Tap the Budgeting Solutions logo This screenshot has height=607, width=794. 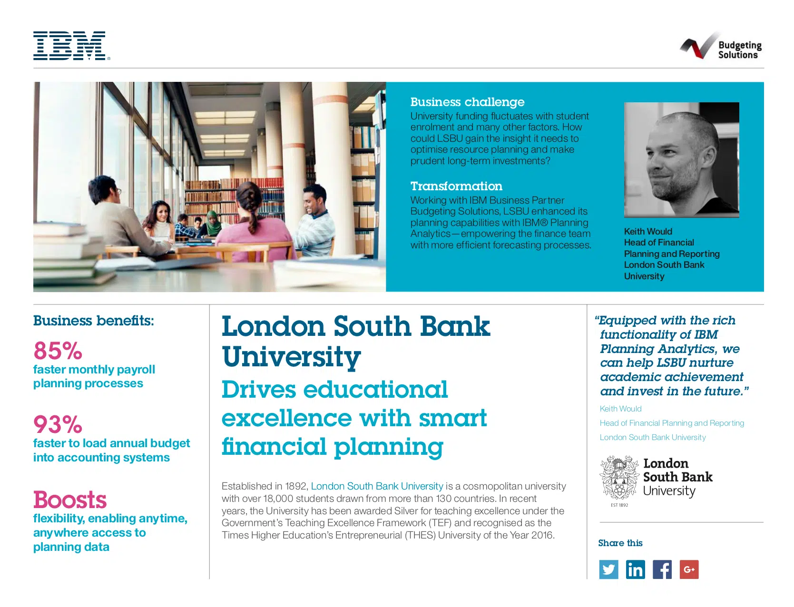tap(721, 47)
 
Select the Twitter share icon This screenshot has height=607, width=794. tap(608, 569)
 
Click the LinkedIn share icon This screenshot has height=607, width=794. tap(635, 569)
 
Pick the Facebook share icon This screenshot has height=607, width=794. tap(662, 569)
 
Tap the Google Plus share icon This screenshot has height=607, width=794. tap(689, 569)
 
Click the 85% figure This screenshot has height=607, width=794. tap(58, 351)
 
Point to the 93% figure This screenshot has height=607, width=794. tap(58, 425)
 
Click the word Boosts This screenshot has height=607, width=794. tap(70, 500)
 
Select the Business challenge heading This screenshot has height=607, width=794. tap(467, 102)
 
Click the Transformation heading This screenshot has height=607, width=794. tap(456, 186)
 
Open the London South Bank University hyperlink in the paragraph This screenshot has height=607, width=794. tap(377, 486)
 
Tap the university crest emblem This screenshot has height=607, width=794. tap(619, 478)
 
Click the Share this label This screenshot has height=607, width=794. tap(620, 543)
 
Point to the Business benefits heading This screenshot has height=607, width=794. tap(94, 321)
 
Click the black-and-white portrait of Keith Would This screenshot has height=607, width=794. tap(681, 159)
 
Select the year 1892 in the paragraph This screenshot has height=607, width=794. tap(295, 486)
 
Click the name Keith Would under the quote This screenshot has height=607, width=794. tap(620, 409)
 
